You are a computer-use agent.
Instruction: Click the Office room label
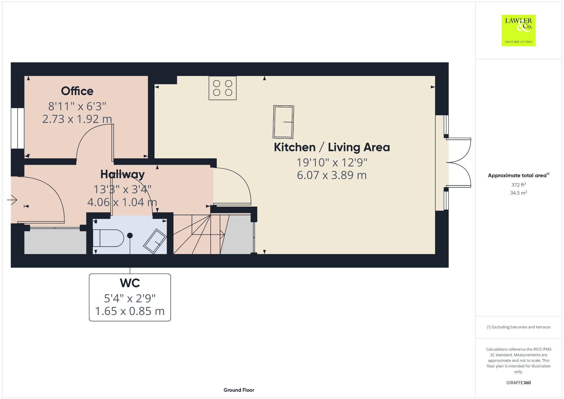(77, 91)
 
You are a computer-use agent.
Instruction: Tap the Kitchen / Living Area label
(332, 147)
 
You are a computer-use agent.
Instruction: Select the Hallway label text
(122, 174)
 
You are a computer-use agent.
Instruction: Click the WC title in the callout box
(130, 283)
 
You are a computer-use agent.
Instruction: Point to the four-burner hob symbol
(223, 88)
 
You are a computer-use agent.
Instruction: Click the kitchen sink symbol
(283, 122)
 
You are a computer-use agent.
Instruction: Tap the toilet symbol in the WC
(108, 238)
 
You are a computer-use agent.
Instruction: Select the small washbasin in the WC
(155, 241)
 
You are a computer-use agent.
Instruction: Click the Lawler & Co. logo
(519, 30)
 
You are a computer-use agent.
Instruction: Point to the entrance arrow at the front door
(12, 200)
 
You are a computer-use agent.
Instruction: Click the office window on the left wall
(18, 128)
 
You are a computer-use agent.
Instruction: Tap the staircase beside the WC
(199, 234)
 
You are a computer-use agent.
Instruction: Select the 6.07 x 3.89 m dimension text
(332, 175)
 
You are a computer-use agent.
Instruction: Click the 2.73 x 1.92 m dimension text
(77, 119)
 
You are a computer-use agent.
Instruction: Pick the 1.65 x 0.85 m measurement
(130, 311)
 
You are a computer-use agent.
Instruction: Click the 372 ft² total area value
(519, 185)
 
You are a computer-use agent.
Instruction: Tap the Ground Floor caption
(239, 390)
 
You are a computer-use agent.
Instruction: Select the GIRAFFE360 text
(519, 382)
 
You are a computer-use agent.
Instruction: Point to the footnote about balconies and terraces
(519, 327)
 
